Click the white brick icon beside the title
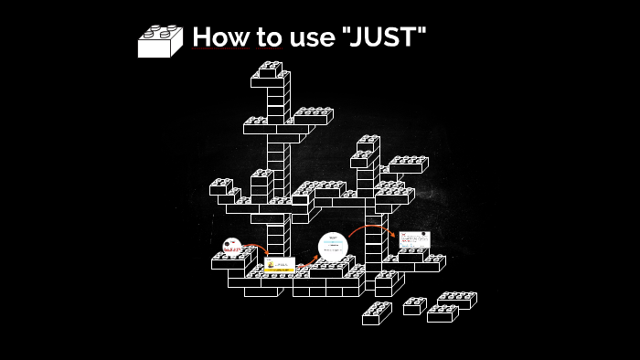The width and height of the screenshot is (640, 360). click(160, 41)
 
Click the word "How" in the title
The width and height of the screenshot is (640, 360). click(214, 37)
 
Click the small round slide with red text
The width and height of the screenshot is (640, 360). click(231, 246)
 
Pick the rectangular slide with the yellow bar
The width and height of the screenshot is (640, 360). click(280, 267)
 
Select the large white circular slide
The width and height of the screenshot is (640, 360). click(333, 247)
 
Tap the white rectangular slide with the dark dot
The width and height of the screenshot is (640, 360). click(414, 239)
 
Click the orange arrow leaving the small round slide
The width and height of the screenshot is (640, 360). click(257, 248)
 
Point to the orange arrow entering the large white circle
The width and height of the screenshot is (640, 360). click(308, 259)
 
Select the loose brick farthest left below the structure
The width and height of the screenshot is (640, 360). click(377, 313)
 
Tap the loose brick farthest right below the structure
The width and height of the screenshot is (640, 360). click(457, 300)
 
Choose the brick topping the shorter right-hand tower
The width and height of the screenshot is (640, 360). click(368, 143)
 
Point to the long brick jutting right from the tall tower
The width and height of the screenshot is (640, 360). click(313, 116)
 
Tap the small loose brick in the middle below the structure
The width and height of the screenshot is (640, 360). click(414, 306)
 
